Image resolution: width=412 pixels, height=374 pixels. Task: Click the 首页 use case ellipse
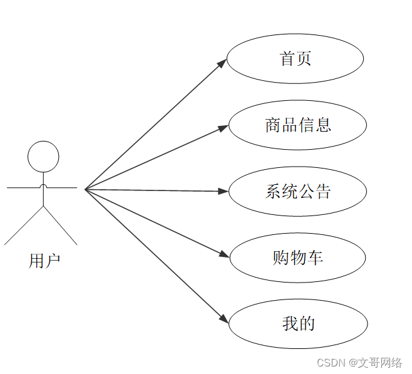295,59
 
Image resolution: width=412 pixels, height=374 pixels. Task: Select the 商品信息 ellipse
297,125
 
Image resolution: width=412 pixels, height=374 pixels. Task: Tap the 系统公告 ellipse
297,191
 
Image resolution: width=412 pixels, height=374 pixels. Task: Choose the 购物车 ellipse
297,257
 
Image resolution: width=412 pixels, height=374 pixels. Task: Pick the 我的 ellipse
297,323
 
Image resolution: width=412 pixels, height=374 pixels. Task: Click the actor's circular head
43,157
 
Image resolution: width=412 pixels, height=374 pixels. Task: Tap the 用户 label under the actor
44,261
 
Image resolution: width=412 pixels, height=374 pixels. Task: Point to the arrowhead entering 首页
222,63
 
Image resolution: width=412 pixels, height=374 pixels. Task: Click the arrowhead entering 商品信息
224,128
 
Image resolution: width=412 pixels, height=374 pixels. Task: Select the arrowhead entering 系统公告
224,191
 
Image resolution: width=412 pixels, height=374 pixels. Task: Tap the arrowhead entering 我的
224,319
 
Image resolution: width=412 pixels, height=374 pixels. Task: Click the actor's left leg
24,225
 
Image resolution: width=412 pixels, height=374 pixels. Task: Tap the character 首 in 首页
287,59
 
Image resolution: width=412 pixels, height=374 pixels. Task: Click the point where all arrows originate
85,189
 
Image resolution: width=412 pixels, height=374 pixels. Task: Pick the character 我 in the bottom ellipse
290,323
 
